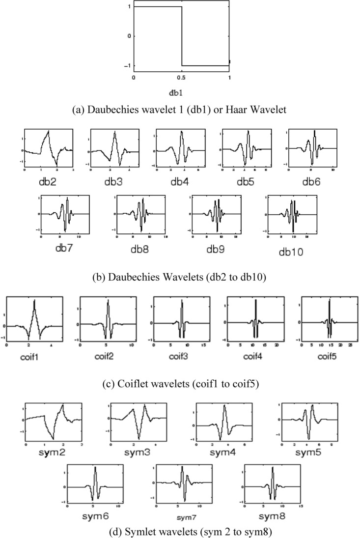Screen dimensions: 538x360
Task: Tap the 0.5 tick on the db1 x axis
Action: (x=182, y=78)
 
